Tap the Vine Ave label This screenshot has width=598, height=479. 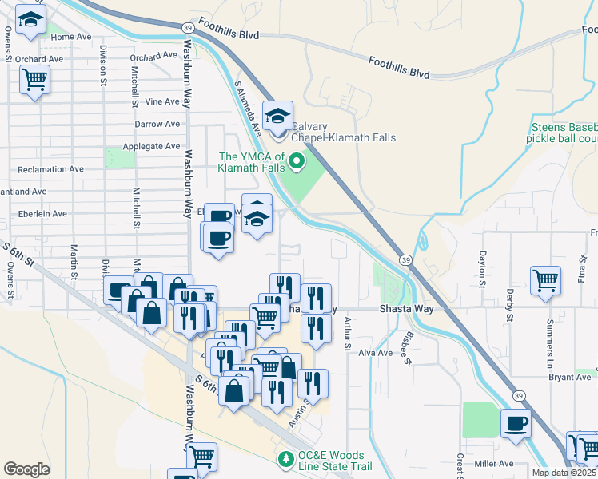[x=163, y=101]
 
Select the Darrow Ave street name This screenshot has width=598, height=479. [x=157, y=124]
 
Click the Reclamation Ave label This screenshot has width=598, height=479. [x=50, y=169]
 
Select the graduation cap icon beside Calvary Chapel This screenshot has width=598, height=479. [x=277, y=117]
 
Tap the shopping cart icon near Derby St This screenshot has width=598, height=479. [x=545, y=279]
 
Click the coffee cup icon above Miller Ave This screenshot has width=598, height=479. [x=516, y=422]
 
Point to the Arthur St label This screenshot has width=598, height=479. [x=347, y=333]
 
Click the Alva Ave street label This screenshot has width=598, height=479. [x=376, y=352]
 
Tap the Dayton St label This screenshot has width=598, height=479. [x=482, y=268]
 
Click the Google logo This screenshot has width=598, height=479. [x=27, y=469]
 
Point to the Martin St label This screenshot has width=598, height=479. [x=74, y=260]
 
